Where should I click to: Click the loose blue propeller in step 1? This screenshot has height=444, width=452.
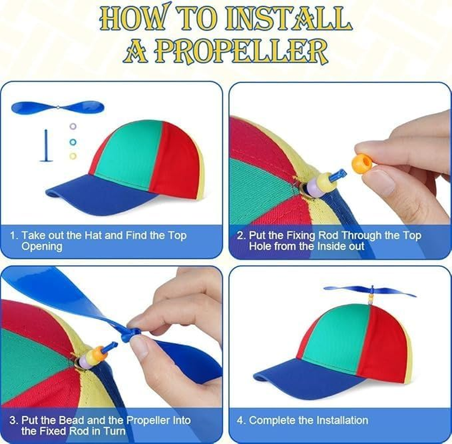pos(57,107)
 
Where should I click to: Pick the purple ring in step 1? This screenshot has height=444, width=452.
pos(73,127)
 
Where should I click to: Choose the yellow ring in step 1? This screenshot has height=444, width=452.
pos(73,156)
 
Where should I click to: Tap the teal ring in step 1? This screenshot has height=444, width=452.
pos(73,142)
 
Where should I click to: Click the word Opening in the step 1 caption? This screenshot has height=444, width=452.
pos(42,246)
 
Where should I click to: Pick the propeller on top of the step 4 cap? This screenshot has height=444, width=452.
pos(370,290)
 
